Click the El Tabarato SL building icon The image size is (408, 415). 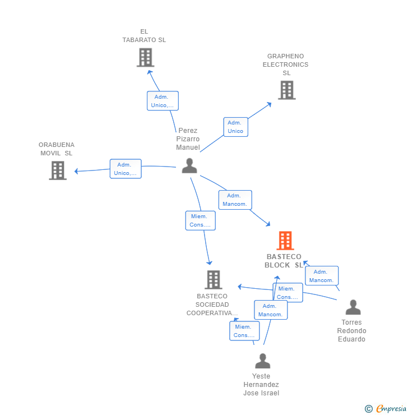click(145, 57)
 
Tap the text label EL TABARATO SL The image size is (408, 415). click(144, 36)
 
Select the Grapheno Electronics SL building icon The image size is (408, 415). click(286, 90)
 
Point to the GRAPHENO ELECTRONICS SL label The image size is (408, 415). click(285, 64)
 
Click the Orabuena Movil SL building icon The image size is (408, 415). click(58, 170)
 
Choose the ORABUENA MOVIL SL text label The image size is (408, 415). click(56, 149)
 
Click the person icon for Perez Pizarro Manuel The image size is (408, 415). click(189, 166)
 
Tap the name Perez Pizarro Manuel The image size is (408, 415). click(188, 139)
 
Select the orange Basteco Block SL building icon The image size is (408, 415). click(285, 241)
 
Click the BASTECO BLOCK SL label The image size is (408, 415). click(284, 261)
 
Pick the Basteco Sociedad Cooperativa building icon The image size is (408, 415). click(213, 279)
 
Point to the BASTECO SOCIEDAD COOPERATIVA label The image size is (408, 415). click(212, 305)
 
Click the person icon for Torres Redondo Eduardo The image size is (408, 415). click(353, 307)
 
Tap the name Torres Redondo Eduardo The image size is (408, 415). click(351, 331)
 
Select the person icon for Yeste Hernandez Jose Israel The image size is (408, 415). click(262, 361)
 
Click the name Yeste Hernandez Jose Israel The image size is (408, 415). click(261, 385)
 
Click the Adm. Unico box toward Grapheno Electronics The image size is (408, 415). click(235, 127)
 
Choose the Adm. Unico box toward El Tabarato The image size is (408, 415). click(163, 101)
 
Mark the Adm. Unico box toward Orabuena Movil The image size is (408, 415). click(126, 169)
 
